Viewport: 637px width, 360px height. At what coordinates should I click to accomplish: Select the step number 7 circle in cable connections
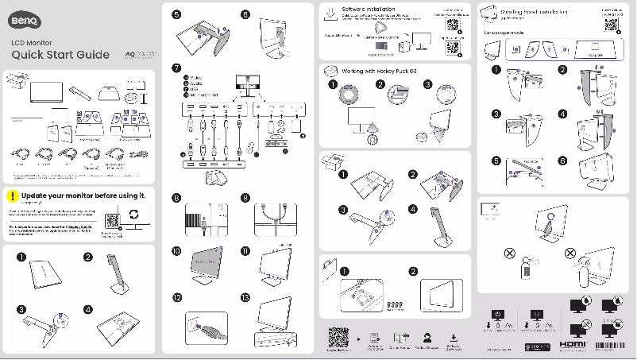tap(176, 68)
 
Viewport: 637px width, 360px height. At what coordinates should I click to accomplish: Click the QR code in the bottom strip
tap(338, 338)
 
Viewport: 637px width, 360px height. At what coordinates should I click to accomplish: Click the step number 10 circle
tap(176, 250)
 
